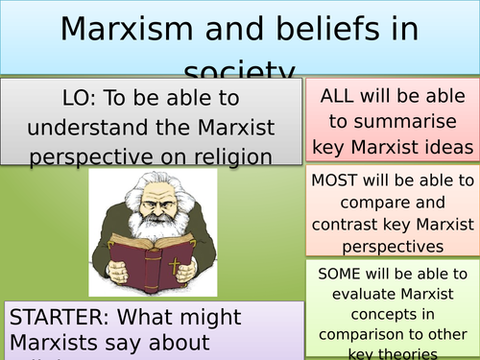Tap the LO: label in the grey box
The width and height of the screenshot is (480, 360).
75,98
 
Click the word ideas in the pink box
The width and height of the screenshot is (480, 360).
449,146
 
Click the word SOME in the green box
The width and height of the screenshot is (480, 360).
342,274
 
